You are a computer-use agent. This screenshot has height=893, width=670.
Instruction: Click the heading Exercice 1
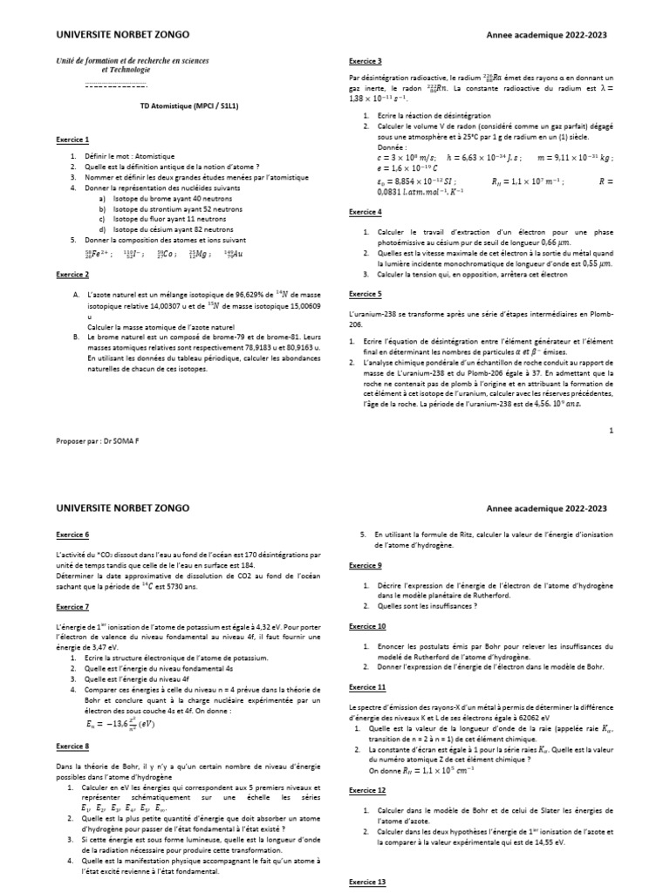pos(72,140)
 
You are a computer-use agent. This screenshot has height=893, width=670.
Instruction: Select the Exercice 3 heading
pos(365,61)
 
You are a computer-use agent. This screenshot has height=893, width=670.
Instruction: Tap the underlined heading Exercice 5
pos(365,294)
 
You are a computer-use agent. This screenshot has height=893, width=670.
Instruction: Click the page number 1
pos(612,430)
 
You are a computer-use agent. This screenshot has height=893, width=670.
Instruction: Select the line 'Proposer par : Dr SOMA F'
pos(97,440)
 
